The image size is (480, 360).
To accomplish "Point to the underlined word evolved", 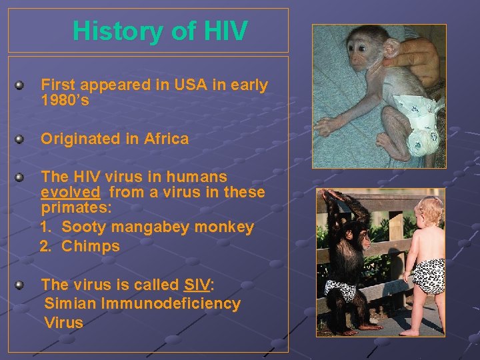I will [x=71, y=193].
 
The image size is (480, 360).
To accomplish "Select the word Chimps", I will [x=91, y=246].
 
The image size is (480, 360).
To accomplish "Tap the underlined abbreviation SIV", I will [x=196, y=285].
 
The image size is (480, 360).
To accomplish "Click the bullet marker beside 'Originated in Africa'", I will [x=21, y=139].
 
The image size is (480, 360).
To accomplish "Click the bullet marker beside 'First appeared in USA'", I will [x=21, y=85].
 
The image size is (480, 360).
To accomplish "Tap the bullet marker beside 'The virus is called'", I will [x=21, y=285].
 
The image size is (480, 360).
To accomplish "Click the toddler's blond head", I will [x=429, y=213].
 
